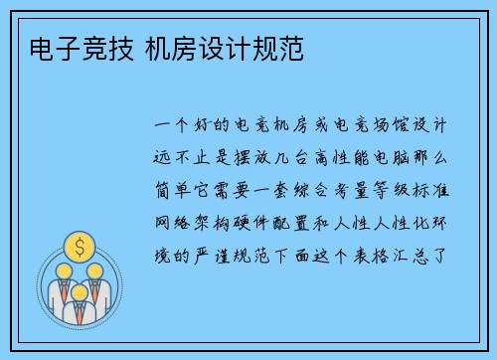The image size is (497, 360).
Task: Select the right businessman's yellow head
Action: (x=94, y=270)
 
